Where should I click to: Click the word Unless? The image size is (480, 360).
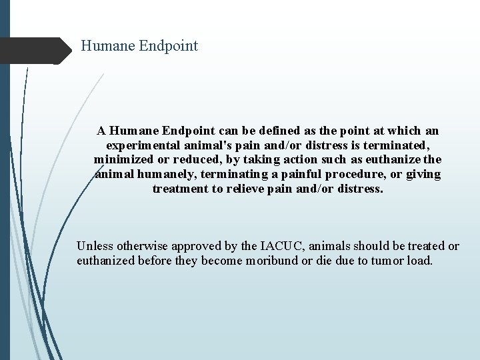(95, 246)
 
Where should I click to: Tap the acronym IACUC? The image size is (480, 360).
(281, 246)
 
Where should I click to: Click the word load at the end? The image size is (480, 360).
(419, 261)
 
